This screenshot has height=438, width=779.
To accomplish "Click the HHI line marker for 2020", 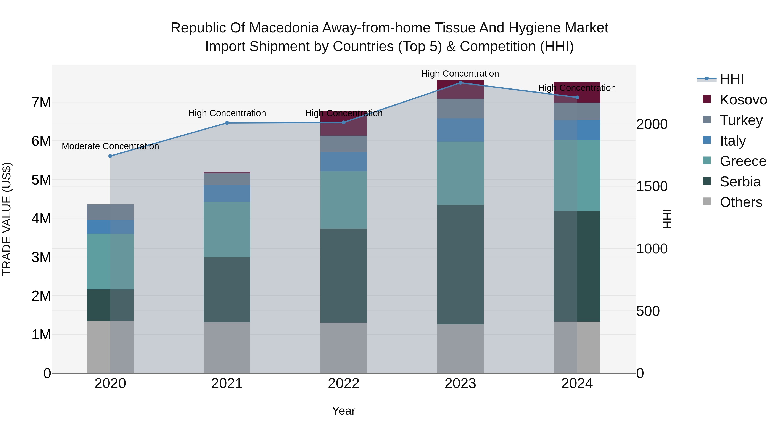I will click(x=110, y=156).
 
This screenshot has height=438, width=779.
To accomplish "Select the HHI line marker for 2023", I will click(x=460, y=83).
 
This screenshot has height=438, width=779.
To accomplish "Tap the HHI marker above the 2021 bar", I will click(x=227, y=123).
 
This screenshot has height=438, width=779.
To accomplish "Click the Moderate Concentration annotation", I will click(x=110, y=146).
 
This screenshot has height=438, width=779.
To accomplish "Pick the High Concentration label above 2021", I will click(x=227, y=113).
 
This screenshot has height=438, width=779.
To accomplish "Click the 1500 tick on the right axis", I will click(x=652, y=186).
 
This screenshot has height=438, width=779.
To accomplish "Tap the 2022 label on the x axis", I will click(x=344, y=383).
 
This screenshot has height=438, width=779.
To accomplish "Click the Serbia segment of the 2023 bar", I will click(x=460, y=265).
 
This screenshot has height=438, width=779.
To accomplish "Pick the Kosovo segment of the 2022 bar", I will click(x=344, y=124).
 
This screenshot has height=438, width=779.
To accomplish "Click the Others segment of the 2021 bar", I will click(x=227, y=348).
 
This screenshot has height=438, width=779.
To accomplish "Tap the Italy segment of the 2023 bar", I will click(x=460, y=130).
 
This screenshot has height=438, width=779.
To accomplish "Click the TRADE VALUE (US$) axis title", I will click(x=7, y=219).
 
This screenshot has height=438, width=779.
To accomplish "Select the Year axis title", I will click(x=344, y=411).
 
